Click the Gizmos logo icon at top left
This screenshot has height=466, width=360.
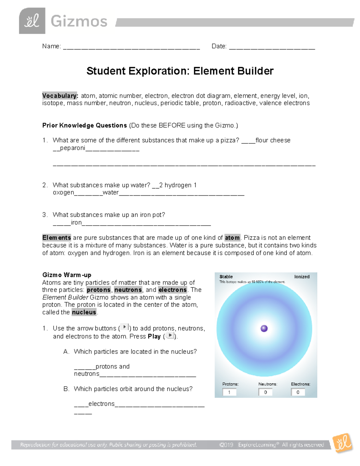pos(32,21)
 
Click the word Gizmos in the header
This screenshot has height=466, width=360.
pos(79,22)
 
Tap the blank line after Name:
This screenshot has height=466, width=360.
pos(131,47)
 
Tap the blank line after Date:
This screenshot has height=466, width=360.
pos(272,47)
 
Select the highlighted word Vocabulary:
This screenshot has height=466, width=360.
pos(60,96)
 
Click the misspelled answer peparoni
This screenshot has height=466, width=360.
pos(73,148)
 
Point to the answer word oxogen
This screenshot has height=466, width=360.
pos(63,193)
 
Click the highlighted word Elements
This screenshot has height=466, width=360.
pos(57,238)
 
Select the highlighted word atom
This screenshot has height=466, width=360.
pos(232,238)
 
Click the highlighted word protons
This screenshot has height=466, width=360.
pos(99,290)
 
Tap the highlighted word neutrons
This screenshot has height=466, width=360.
pos(128,290)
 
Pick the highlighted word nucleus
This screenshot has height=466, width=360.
pos(84,312)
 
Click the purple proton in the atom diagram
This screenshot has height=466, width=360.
pos(264,329)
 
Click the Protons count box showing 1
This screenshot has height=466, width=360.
pos(229,392)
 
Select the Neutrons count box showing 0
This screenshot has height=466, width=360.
pos(265,392)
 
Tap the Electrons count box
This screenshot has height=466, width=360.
pos(298,392)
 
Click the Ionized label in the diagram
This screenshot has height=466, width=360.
pos(302,277)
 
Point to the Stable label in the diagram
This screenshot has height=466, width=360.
pos(226,277)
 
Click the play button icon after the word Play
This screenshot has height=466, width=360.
pos(170,335)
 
